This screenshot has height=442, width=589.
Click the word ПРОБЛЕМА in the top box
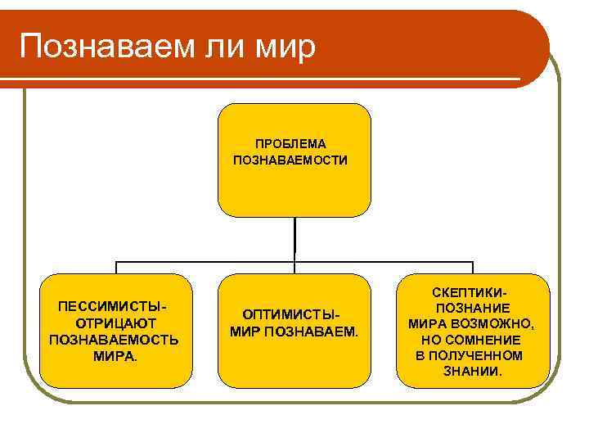290,144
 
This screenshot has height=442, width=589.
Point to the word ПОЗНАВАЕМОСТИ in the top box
290,160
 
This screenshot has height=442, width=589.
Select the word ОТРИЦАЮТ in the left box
115,322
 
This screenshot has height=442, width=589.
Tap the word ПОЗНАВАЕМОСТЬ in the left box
115,340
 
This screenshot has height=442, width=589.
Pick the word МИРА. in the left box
115,356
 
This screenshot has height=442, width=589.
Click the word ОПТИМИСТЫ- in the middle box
290,315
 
